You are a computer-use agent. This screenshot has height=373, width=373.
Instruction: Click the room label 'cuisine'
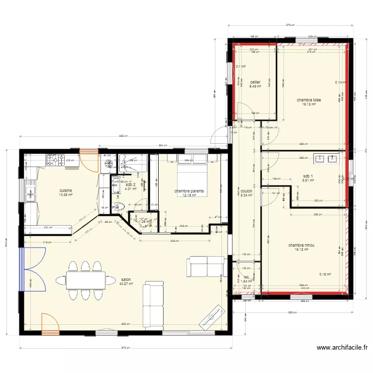pos(66,190)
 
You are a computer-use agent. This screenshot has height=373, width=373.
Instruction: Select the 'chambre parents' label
pos(189,191)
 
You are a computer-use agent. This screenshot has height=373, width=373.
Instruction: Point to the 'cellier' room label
pos(255,82)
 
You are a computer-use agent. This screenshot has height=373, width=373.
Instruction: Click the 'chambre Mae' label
pos(309,100)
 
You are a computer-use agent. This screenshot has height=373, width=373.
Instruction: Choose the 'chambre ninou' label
pos(301,245)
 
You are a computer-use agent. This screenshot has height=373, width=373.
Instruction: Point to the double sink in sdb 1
pos(326,159)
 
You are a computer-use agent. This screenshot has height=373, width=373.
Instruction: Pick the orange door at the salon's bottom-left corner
pos(50,324)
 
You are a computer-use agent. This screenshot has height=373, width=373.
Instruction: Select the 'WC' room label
pos(246,278)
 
